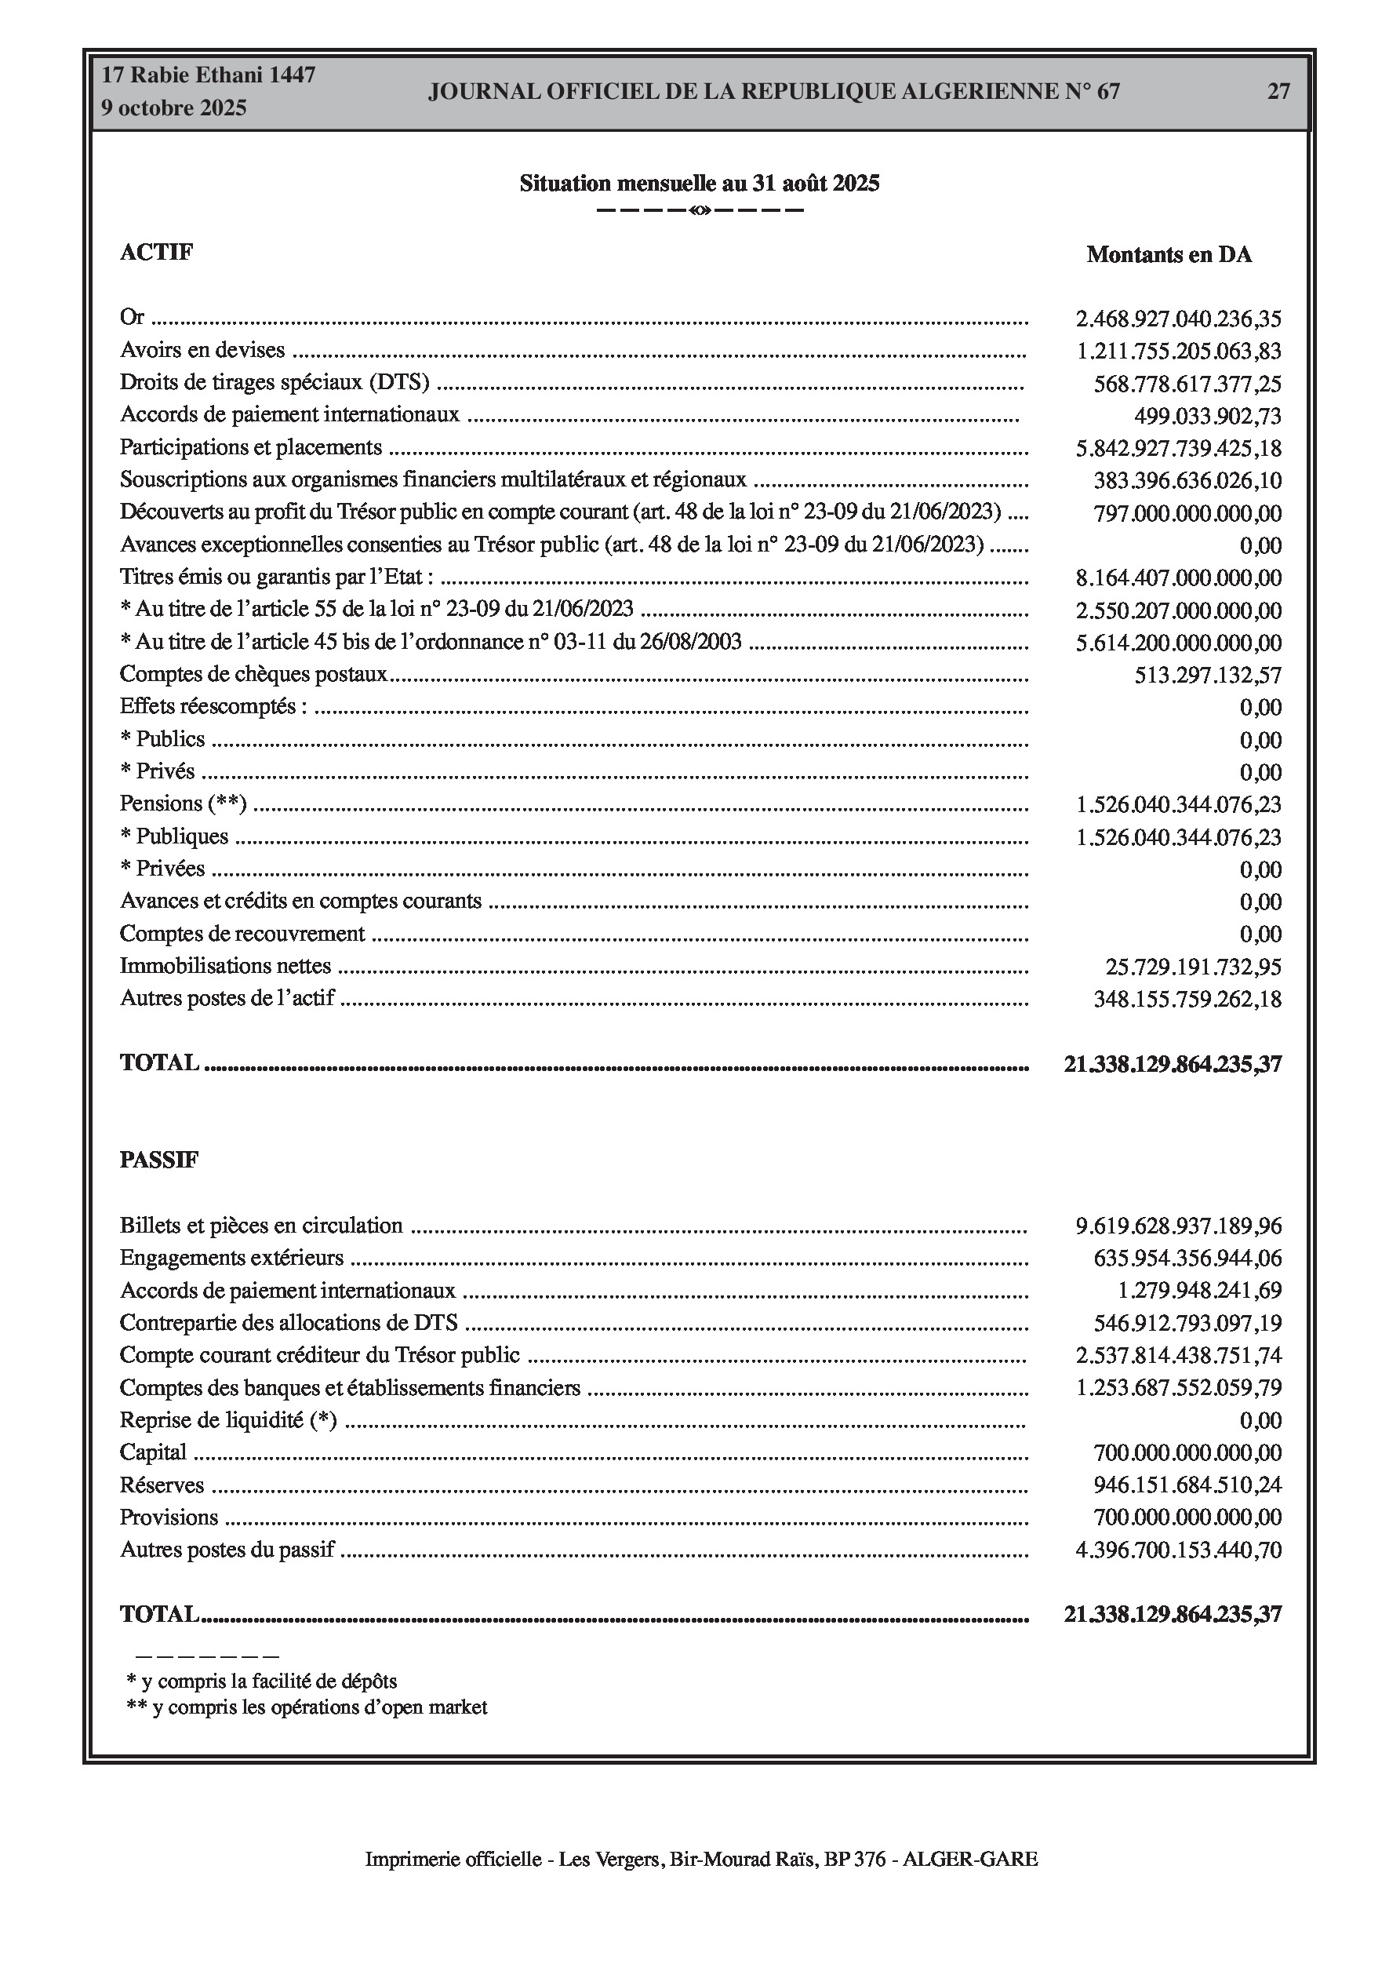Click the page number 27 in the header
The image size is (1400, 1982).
1278,92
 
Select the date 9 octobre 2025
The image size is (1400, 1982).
173,108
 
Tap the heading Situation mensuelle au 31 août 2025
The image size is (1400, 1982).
699,183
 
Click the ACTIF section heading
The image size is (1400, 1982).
156,252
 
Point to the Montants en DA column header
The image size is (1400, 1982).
1169,255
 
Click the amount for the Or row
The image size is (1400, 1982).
1178,319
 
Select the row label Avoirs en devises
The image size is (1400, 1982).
202,351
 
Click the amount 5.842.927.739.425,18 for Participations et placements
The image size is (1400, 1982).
1178,449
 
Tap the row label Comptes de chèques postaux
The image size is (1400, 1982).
254,674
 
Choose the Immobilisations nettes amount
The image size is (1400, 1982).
1194,967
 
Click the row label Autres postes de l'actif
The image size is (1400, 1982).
227,999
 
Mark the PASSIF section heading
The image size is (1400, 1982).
158,1160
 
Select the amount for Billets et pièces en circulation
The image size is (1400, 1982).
1178,1226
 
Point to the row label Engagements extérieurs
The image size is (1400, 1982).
231,1258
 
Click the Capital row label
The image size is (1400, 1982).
153,1452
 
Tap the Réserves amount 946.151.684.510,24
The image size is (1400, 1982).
1187,1485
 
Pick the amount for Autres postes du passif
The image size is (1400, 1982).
1178,1550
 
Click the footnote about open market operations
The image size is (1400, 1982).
307,1707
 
